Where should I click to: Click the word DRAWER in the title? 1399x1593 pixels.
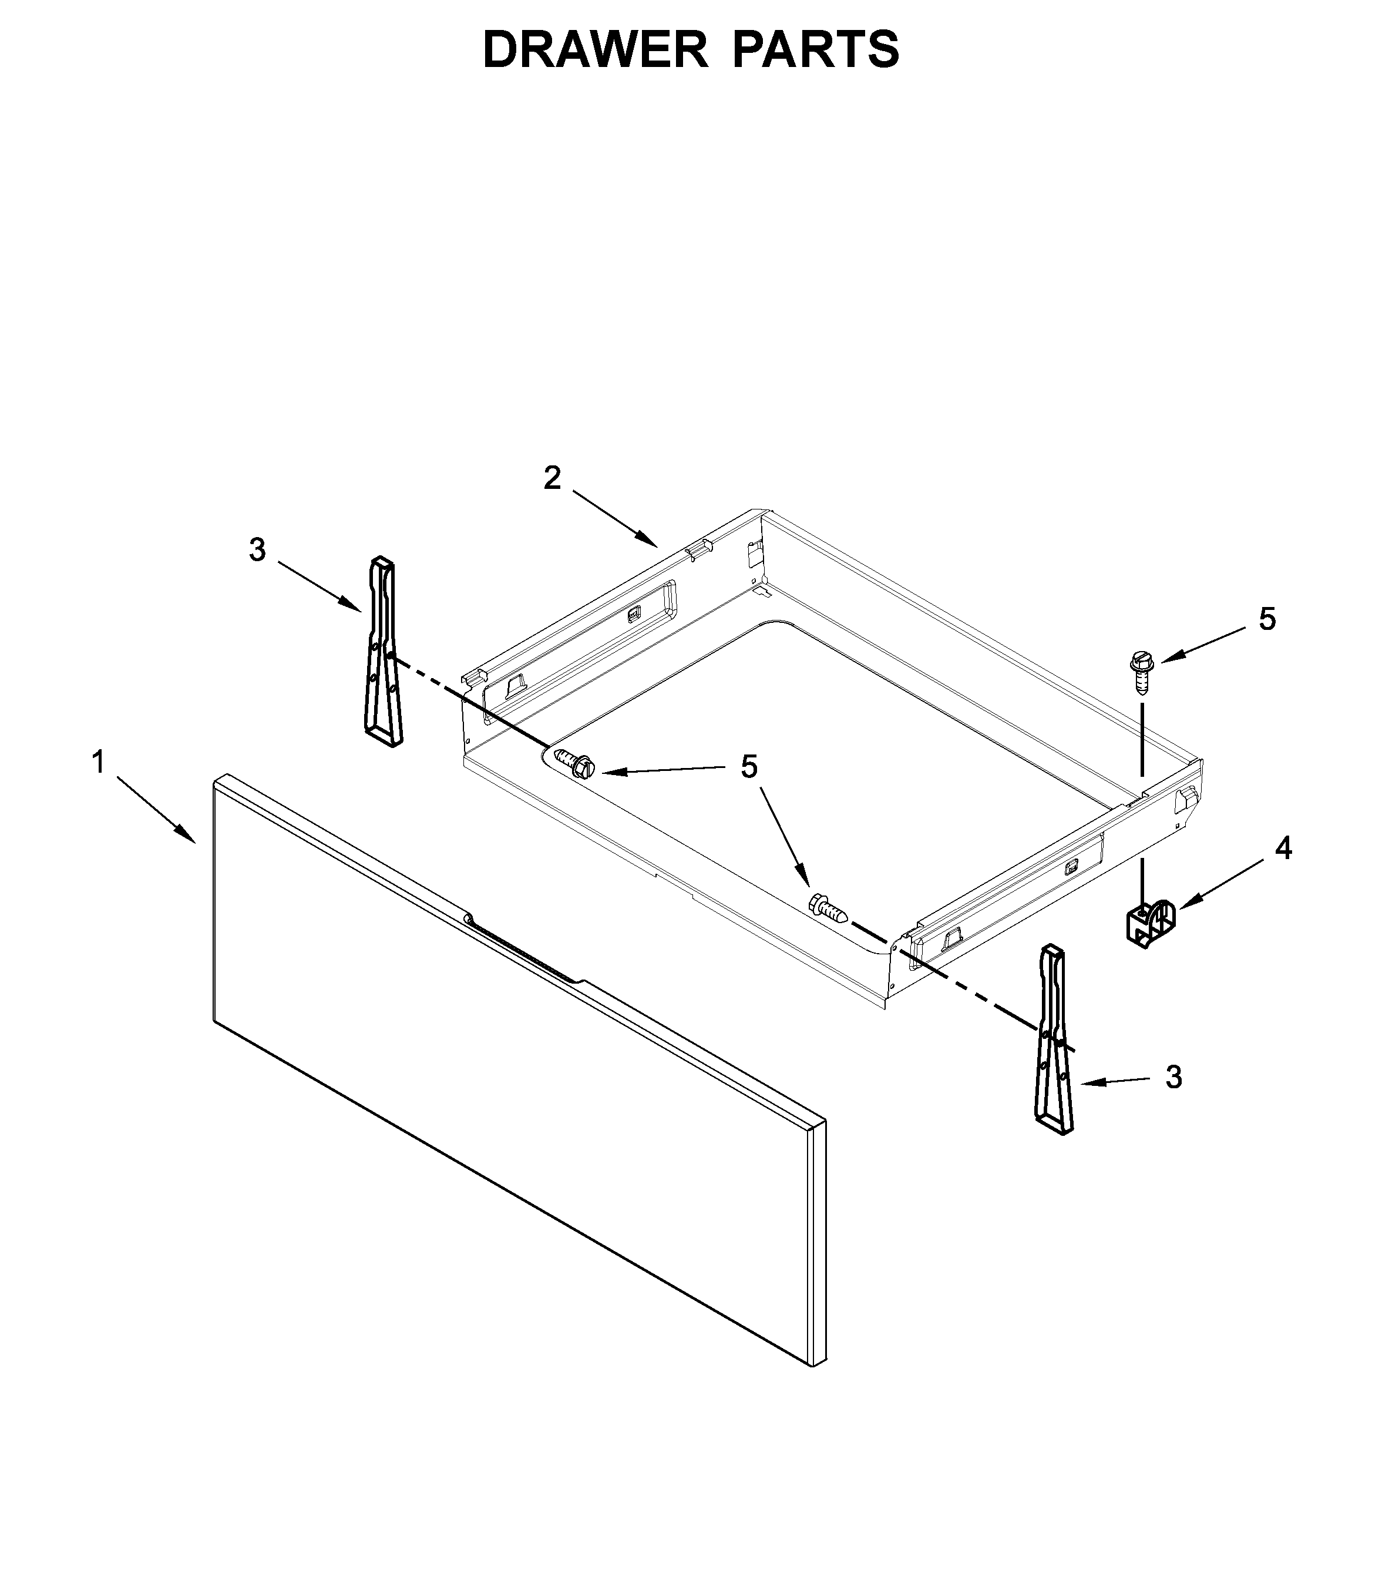click(x=595, y=50)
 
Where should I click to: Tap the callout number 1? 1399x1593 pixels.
click(x=98, y=762)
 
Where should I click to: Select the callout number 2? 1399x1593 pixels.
click(x=551, y=478)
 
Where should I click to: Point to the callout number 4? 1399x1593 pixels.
click(x=1283, y=848)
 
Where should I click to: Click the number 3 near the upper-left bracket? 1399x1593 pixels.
click(x=257, y=549)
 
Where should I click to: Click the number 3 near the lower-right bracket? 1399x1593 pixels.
click(x=1173, y=1078)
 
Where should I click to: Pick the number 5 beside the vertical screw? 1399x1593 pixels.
click(x=1267, y=619)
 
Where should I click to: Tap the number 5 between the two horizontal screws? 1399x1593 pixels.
click(x=749, y=767)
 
